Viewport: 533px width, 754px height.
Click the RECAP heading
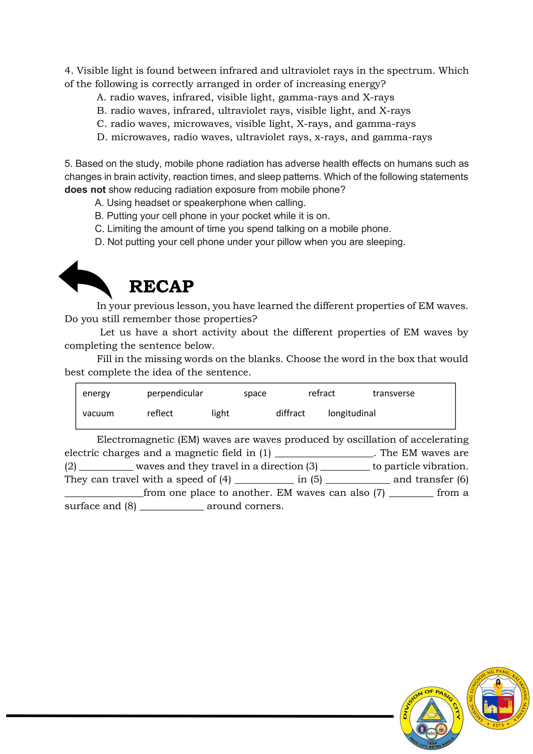click(161, 286)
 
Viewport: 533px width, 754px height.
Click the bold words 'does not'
click(85, 189)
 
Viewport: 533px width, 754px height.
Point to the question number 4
click(67, 71)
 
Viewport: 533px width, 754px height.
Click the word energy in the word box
click(96, 394)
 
